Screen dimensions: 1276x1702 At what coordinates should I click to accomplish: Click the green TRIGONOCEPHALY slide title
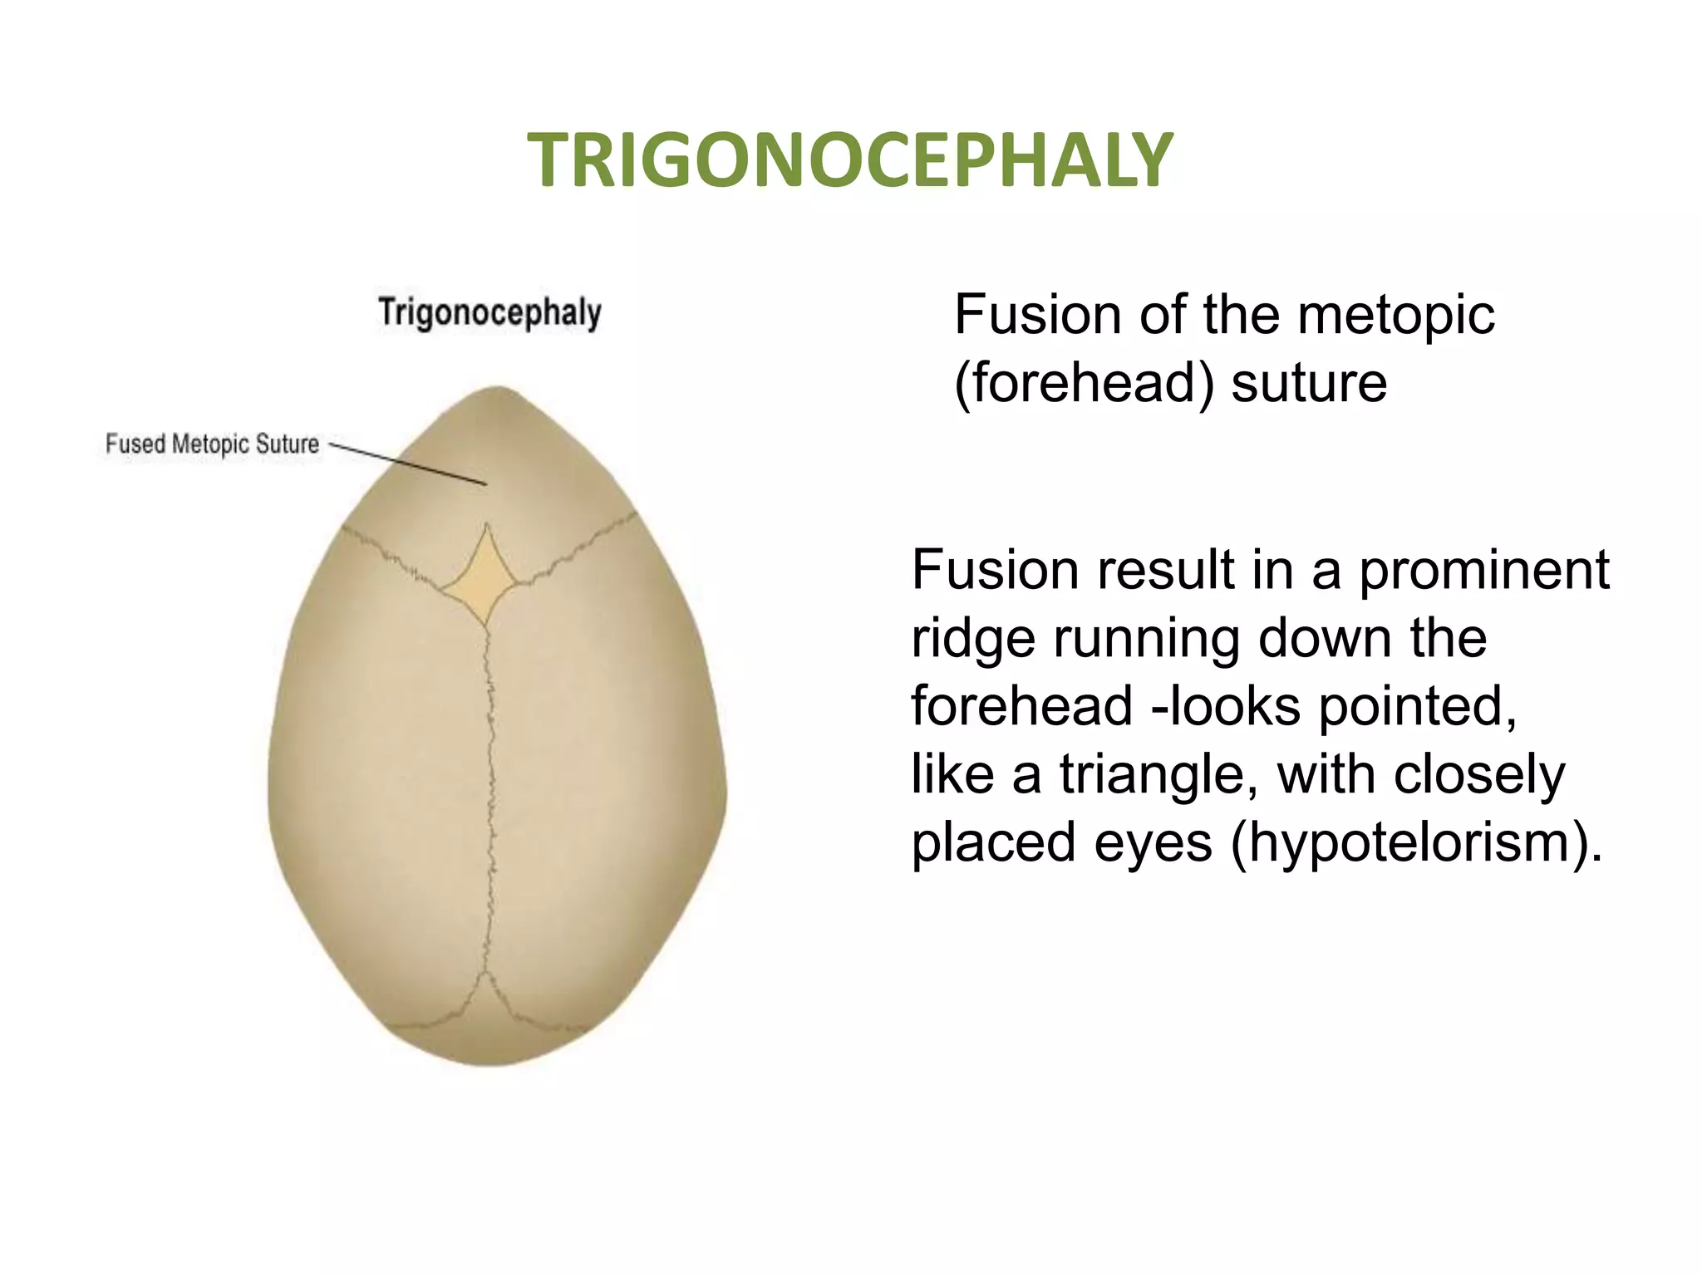pyautogui.click(x=849, y=160)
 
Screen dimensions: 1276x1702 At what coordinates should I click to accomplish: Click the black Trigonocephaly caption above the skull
pyautogui.click(x=489, y=313)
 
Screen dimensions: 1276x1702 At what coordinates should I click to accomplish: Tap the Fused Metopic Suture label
pyautogui.click(x=212, y=444)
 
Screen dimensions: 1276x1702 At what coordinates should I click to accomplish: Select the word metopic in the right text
pyautogui.click(x=1395, y=316)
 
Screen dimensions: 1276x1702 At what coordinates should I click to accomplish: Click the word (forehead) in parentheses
pyautogui.click(x=1084, y=384)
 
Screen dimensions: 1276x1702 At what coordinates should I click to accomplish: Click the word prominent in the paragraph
pyautogui.click(x=1484, y=571)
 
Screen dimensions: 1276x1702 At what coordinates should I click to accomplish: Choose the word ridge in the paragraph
pyautogui.click(x=973, y=639)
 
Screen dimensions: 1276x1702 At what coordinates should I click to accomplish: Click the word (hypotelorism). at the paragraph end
pyautogui.click(x=1416, y=843)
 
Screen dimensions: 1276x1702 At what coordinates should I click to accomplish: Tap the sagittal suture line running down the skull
pyautogui.click(x=490, y=789)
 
